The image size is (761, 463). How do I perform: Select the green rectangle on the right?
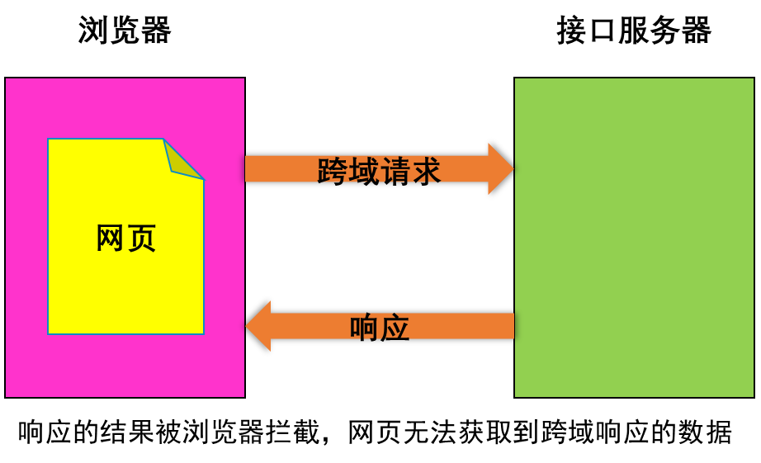(634, 238)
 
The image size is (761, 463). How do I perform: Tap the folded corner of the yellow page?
(182, 159)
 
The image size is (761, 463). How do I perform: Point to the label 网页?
(125, 238)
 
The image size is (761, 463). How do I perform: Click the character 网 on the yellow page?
(110, 238)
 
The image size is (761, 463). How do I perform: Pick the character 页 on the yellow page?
(142, 238)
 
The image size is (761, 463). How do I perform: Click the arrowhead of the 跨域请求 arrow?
(500, 168)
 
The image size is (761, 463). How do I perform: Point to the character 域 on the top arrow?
(363, 171)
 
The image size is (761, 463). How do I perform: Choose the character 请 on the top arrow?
(395, 171)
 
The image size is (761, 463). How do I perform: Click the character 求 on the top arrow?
(426, 171)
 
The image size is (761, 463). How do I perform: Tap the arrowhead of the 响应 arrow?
(258, 326)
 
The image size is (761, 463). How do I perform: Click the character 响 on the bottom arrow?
(364, 327)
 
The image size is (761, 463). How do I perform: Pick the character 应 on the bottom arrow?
(395, 327)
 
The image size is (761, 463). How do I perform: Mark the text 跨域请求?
(379, 171)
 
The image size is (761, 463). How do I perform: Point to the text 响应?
(380, 327)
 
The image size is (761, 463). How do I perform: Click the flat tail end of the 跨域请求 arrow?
(248, 168)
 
